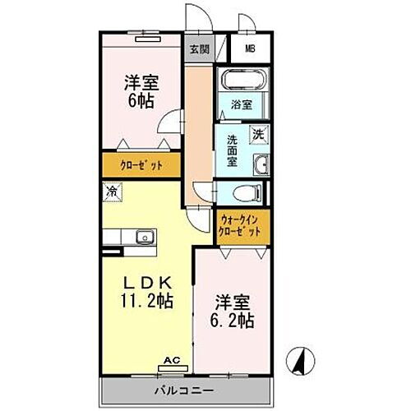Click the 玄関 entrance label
pos(199,49)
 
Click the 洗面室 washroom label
pos(233,150)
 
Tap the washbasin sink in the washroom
pos(261,164)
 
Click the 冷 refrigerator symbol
pos(111,192)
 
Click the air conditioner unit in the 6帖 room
pos(144,37)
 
